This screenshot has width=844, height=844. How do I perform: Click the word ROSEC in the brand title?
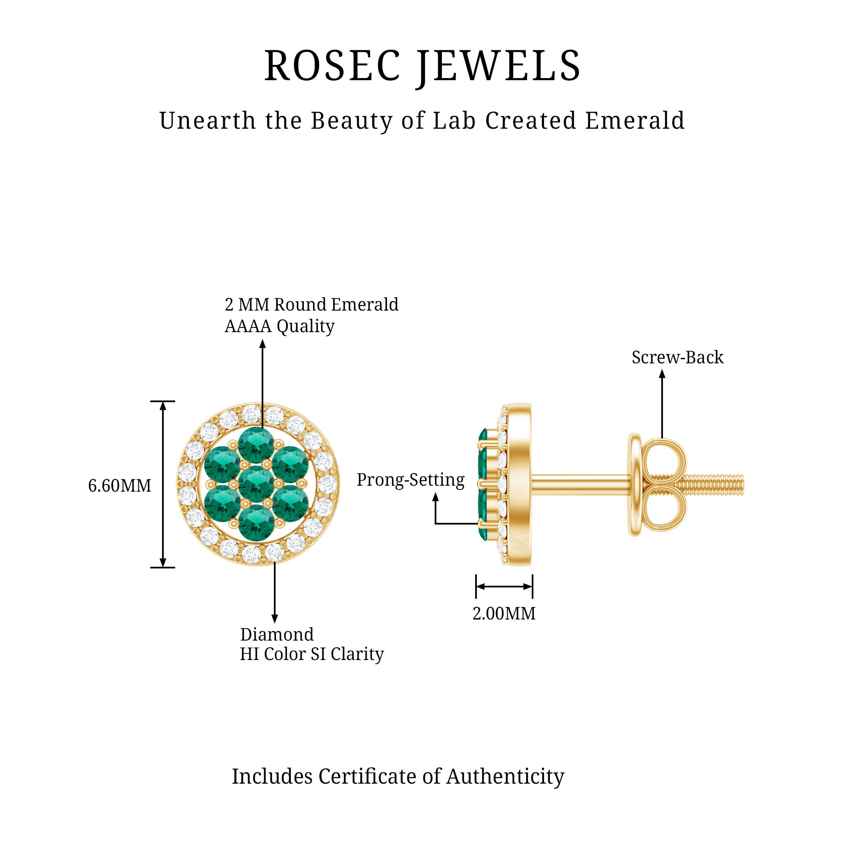point(332,66)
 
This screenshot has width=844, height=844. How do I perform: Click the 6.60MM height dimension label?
point(120,486)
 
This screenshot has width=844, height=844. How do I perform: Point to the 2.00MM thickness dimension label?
point(504,614)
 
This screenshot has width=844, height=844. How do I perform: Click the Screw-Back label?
point(677,357)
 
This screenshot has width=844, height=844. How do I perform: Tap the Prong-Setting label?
point(411,480)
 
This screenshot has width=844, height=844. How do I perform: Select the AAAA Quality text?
point(280,326)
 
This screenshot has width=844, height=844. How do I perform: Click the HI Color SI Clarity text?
point(312,654)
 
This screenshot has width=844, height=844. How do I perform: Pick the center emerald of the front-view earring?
point(257,484)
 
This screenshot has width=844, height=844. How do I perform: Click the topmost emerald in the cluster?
point(257,445)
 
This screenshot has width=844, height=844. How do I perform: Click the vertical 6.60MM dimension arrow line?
point(163,484)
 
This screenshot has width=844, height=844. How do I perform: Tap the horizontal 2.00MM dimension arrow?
point(504,587)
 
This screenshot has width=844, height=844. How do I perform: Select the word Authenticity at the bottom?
point(505,776)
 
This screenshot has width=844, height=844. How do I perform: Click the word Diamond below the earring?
point(277,634)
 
